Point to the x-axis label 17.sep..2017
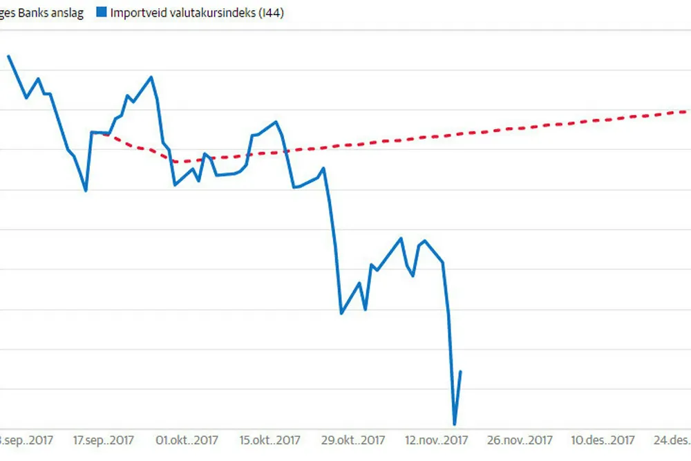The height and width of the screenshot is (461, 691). coord(103,440)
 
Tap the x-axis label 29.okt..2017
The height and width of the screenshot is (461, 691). coord(352,440)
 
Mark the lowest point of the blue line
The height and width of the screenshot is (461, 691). coord(455,424)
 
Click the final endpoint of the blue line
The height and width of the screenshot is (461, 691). coord(461,372)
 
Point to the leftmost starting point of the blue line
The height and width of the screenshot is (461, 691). coord(8,57)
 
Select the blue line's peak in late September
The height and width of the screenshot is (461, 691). coord(151,77)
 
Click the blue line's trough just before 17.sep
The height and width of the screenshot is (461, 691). coord(86,191)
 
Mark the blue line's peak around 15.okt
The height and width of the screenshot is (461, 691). coord(276,122)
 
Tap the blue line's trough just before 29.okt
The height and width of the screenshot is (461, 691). coord(341,314)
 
